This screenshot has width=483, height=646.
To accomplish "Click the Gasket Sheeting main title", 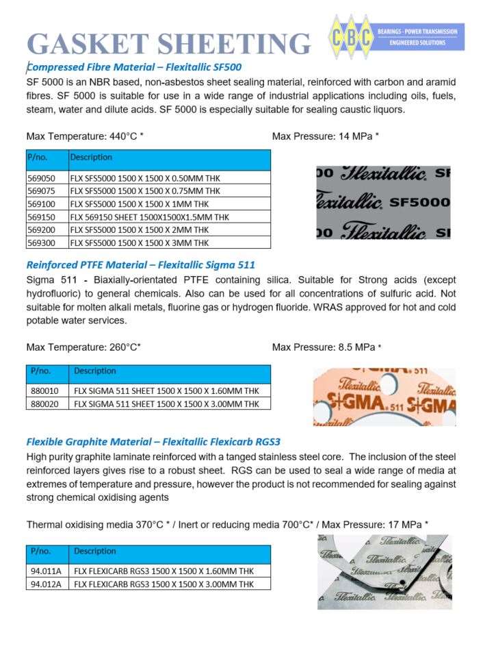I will (x=168, y=42).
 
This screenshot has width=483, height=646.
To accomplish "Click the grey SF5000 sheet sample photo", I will (x=383, y=202).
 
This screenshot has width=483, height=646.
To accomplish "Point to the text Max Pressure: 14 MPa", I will (x=325, y=136).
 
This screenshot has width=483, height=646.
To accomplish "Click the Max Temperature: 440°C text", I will (x=85, y=136).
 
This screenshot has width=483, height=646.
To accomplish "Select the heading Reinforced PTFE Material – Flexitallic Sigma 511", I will (x=141, y=264).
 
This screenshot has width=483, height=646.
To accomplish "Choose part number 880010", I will (x=44, y=390).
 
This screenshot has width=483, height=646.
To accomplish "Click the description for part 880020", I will (x=166, y=403).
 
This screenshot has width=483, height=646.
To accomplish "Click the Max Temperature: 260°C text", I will (x=83, y=347).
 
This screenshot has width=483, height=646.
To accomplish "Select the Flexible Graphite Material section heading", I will (x=153, y=441).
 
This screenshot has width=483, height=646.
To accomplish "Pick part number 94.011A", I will (x=46, y=571).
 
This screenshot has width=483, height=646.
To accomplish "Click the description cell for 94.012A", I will (x=164, y=584).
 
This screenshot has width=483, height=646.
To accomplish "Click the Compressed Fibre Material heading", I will (x=133, y=67).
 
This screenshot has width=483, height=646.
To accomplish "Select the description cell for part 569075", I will (x=145, y=191).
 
